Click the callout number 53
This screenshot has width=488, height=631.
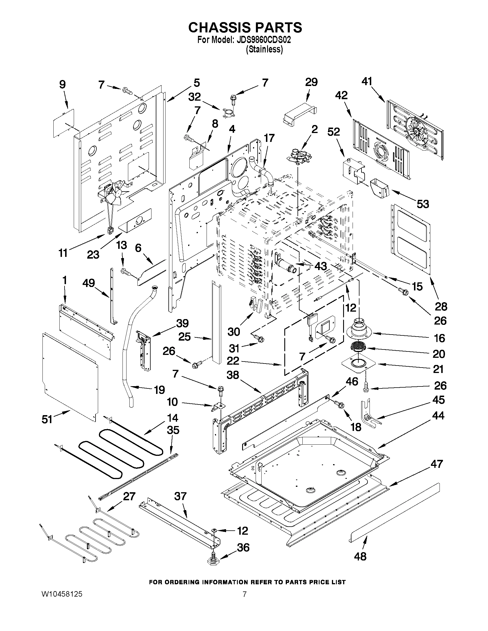pos(423,204)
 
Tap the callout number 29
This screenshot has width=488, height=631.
pos(311,82)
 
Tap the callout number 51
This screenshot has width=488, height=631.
pos(47,419)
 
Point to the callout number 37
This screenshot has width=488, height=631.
pos(180,496)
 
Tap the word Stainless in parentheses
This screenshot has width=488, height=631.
pos(264,49)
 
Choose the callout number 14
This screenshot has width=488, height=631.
pos(173,418)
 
